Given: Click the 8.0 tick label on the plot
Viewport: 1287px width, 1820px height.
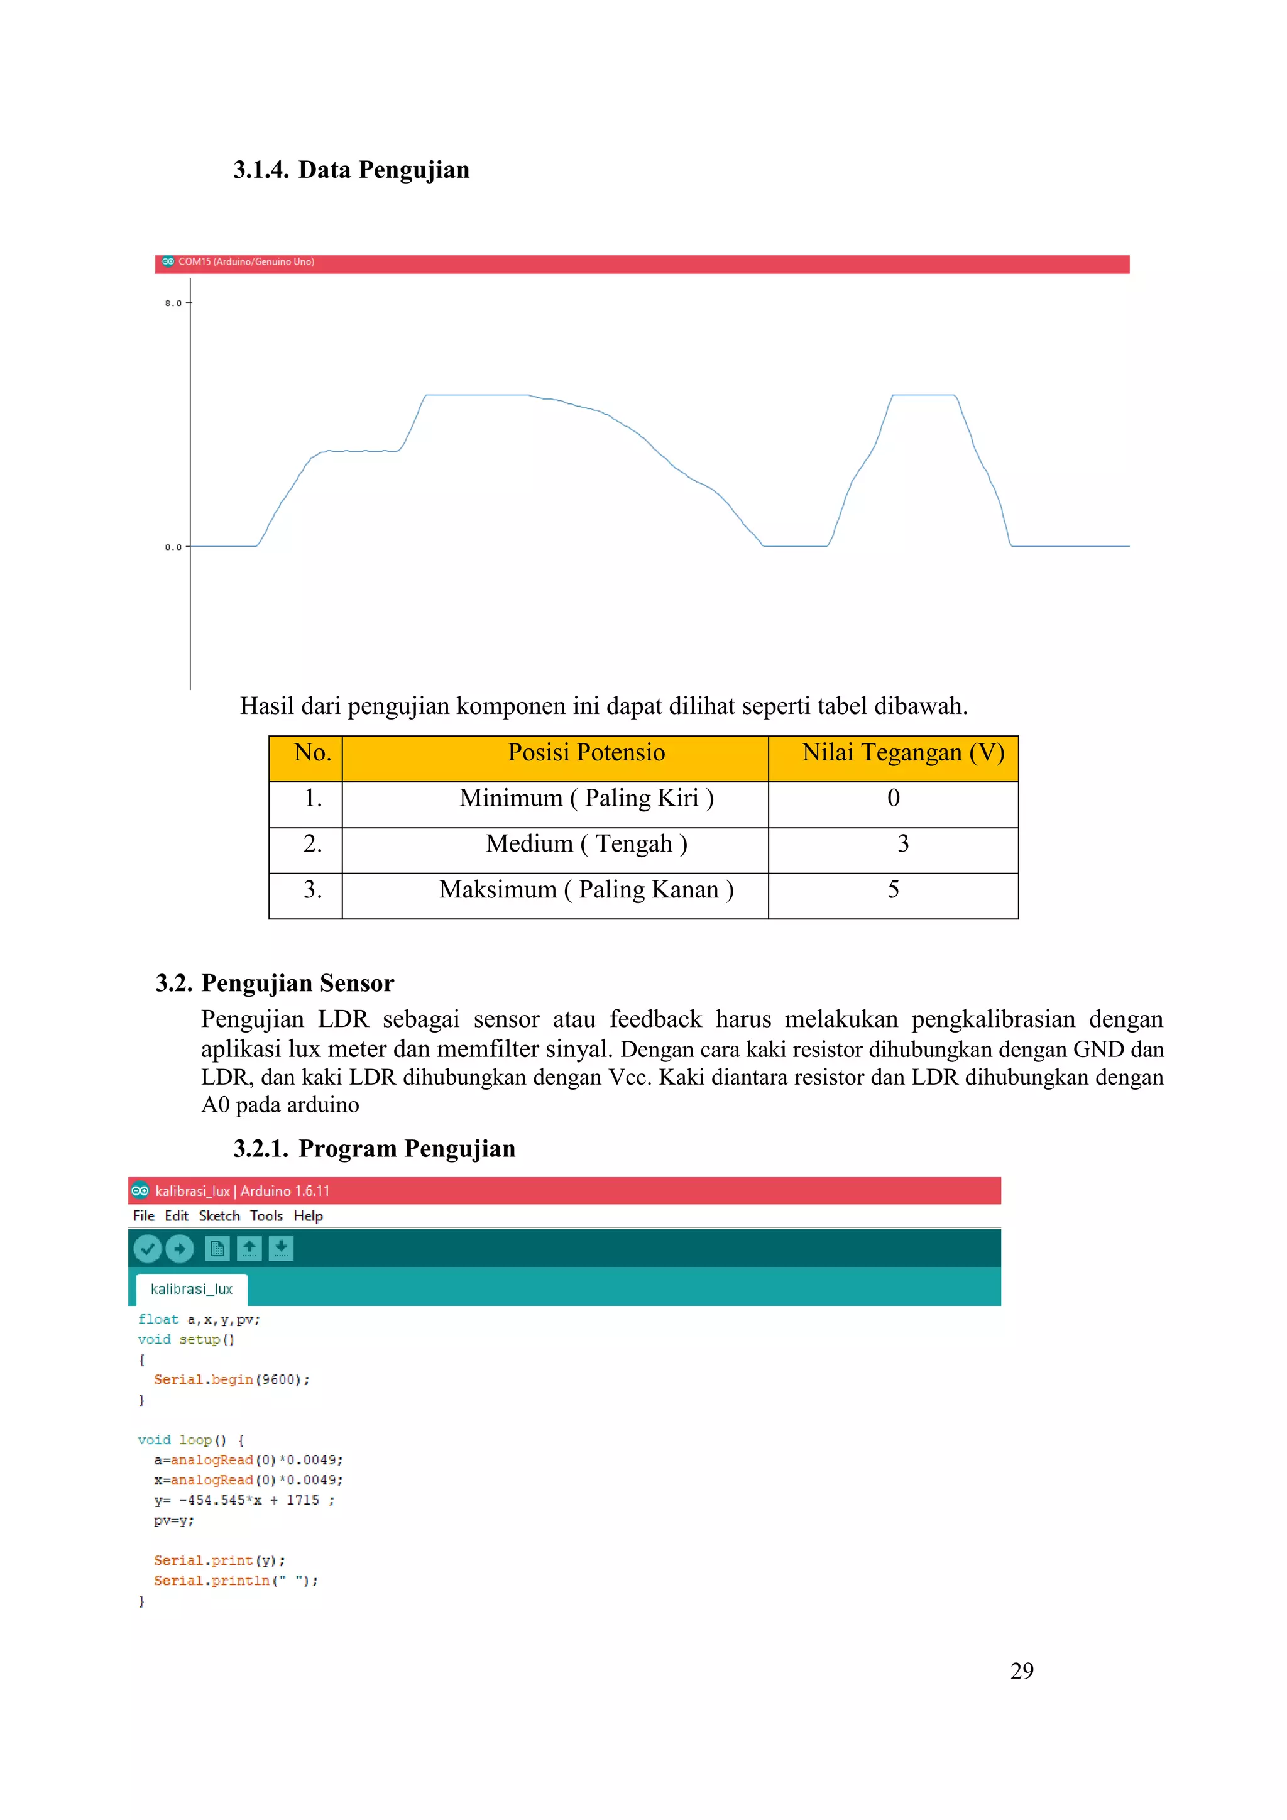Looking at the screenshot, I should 173,303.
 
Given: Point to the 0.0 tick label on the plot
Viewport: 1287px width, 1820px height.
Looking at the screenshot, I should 173,547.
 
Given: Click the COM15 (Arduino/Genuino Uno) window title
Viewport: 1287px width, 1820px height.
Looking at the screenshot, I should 246,261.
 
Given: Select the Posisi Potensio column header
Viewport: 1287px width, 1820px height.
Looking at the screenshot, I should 586,752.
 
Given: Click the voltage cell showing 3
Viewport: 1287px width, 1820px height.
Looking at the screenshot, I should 902,843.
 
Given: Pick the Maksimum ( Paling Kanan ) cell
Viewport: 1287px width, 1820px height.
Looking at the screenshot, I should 586,889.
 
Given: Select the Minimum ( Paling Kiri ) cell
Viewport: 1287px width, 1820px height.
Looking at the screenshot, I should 586,798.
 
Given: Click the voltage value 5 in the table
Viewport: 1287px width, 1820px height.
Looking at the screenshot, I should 893,889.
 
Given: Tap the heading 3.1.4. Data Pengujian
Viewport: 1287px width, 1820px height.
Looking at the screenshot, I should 351,170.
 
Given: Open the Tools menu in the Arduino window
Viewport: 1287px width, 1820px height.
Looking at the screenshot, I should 266,1216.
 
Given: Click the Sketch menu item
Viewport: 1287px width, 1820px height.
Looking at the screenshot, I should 219,1216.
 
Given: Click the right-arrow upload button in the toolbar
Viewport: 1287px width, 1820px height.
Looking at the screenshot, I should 179,1249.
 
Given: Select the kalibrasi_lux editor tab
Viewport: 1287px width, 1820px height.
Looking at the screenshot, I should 191,1290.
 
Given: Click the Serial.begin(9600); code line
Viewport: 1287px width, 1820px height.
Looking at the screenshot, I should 231,1380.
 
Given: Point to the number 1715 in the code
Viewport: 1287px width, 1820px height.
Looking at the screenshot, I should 303,1501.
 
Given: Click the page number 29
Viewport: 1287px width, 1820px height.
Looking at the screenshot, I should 1022,1671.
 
